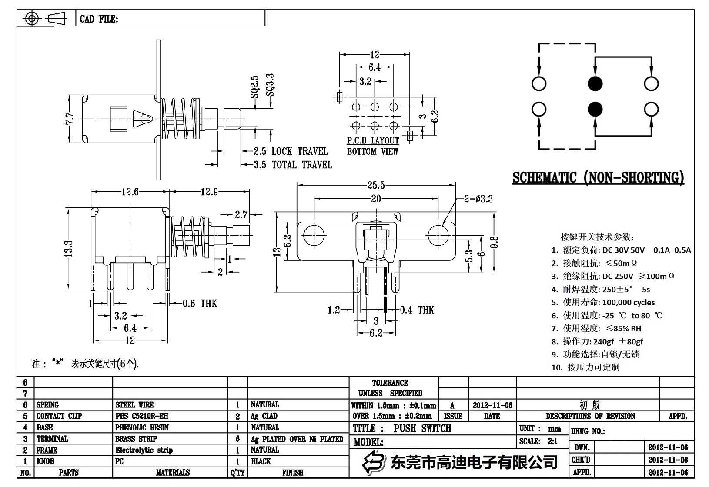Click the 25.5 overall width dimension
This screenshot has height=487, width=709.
(376, 186)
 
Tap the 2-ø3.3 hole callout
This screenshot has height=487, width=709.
(478, 199)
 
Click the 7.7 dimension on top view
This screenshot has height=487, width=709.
(70, 118)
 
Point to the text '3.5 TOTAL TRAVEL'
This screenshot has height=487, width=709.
(293, 165)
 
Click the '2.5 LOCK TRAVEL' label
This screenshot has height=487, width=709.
(291, 151)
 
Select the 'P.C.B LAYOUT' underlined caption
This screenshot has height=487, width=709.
(373, 140)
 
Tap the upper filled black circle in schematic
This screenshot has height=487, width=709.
(595, 83)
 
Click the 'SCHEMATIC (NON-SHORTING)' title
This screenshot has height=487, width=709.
(598, 177)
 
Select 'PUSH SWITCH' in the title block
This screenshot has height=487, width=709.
(422, 428)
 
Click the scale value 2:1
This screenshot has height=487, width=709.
(552, 441)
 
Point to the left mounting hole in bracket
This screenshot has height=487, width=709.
(314, 235)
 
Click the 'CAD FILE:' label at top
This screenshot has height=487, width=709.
(99, 19)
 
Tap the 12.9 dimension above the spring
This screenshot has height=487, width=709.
(209, 192)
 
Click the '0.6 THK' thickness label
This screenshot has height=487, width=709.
(200, 303)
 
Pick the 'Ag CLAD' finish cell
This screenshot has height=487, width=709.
(264, 416)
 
